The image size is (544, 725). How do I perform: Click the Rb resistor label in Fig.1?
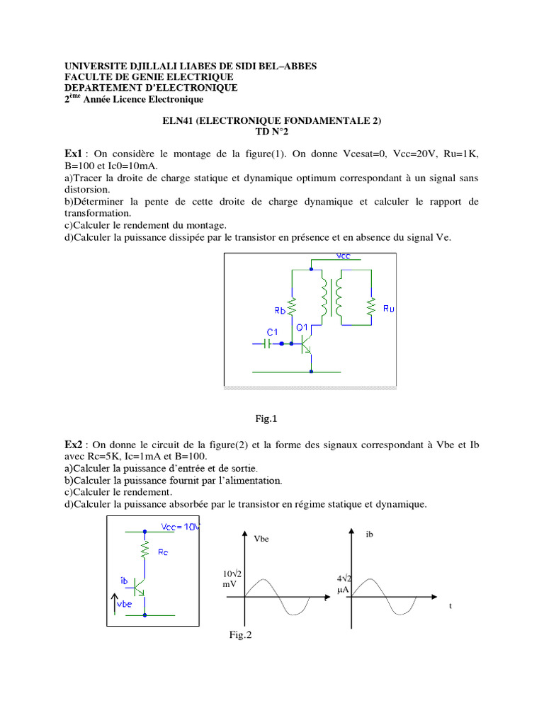tap(280, 310)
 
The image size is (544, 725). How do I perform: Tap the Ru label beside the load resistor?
tap(389, 309)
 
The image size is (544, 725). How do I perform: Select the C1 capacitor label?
tap(272, 331)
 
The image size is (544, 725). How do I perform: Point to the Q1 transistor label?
tap(302, 327)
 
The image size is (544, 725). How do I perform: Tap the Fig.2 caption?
tap(240, 635)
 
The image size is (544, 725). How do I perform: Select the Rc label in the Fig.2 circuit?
tap(163, 553)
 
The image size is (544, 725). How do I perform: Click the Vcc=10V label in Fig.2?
tap(181, 527)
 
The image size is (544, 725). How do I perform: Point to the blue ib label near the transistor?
tap(125, 581)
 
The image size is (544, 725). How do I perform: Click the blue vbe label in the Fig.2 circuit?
tap(124, 604)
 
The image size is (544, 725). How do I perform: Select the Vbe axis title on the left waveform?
tap(262, 539)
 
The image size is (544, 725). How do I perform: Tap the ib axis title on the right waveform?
tap(369, 534)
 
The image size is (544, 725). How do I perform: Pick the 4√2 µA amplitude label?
tap(344, 583)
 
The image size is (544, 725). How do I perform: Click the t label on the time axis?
tap(450, 606)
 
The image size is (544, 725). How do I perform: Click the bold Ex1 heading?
tap(73, 154)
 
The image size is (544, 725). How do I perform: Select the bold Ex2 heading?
tap(73, 444)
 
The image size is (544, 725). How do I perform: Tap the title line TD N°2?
tap(272, 132)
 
